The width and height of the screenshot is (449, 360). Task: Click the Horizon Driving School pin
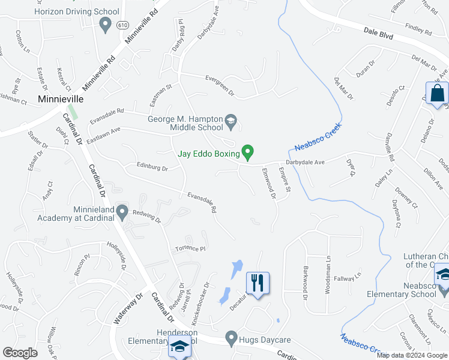(x=106, y=25)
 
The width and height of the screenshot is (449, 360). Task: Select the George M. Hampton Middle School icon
(x=230, y=122)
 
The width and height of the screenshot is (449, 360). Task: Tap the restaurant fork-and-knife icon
(x=258, y=283)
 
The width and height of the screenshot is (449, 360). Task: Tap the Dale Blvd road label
(x=378, y=34)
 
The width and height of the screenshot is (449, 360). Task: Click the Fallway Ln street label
(x=348, y=277)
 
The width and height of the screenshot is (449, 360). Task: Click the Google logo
(x=20, y=353)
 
